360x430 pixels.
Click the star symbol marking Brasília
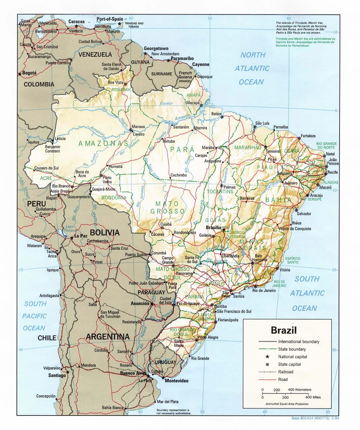[x=224, y=230]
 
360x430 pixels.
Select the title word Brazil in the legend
[x=284, y=330]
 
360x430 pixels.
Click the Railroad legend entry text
[x=286, y=372]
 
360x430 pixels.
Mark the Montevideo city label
[x=176, y=381]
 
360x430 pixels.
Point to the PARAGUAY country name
[x=151, y=292]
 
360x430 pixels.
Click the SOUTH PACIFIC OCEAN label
[x=35, y=316]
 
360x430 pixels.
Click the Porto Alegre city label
[x=208, y=337]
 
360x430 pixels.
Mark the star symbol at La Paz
[x=71, y=237]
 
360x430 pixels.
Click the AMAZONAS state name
[x=103, y=144]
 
